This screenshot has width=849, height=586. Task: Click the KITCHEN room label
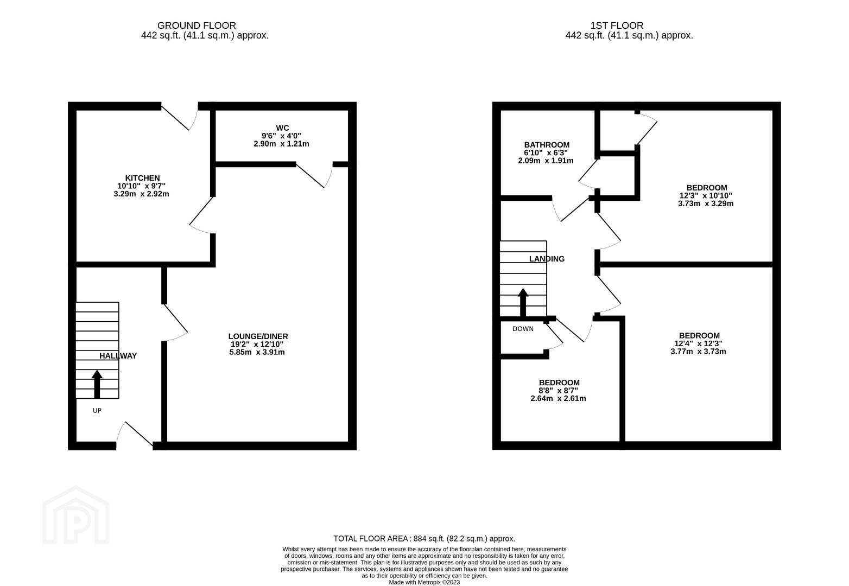[143, 178]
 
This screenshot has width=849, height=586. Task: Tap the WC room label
[282, 128]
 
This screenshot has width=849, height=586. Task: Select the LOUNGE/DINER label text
[258, 336]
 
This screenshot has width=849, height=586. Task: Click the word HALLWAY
[118, 356]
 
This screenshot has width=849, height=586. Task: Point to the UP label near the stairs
[97, 411]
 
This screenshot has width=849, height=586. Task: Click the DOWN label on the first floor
[523, 329]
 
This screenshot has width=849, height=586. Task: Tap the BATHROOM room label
[547, 145]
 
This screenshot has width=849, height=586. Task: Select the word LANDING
[547, 259]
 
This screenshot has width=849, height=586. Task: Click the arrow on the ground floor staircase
[97, 384]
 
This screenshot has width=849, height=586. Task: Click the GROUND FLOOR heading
[197, 26]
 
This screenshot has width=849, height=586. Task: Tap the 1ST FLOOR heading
[617, 26]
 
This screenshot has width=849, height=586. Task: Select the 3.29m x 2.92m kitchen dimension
[141, 194]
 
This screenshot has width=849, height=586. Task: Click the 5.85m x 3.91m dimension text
[257, 352]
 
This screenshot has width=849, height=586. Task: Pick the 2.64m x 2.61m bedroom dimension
[558, 398]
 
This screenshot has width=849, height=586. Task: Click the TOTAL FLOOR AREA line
[424, 539]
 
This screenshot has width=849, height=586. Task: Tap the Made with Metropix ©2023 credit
[424, 583]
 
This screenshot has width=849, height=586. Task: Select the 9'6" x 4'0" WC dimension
[281, 136]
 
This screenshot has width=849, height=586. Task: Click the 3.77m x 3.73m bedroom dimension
[699, 352]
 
